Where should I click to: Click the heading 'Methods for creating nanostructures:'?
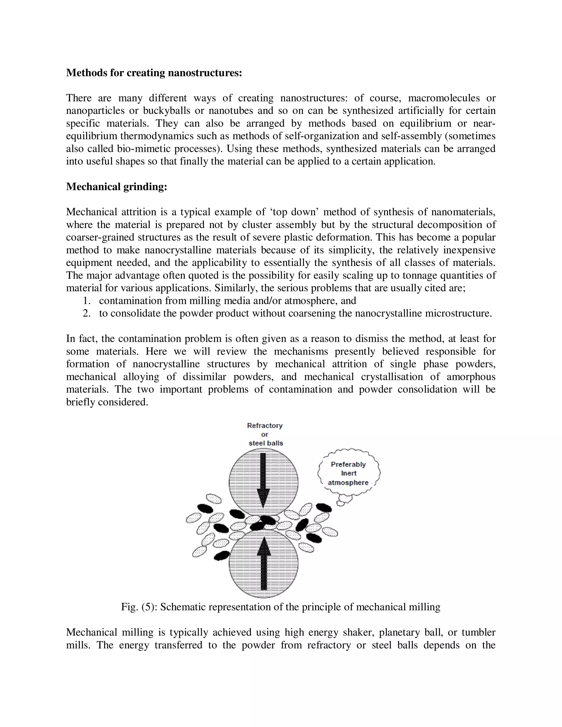[x=154, y=73]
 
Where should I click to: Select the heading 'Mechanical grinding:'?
[x=117, y=187]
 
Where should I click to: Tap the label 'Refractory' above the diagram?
[x=265, y=426]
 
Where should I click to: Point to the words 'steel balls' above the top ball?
[x=266, y=443]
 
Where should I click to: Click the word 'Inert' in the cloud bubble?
[x=349, y=473]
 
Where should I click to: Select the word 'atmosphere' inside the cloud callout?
[x=348, y=483]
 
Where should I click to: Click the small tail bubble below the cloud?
[x=341, y=504]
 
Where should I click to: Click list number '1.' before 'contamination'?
[x=87, y=301]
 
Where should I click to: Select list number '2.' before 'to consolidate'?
[x=87, y=314]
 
